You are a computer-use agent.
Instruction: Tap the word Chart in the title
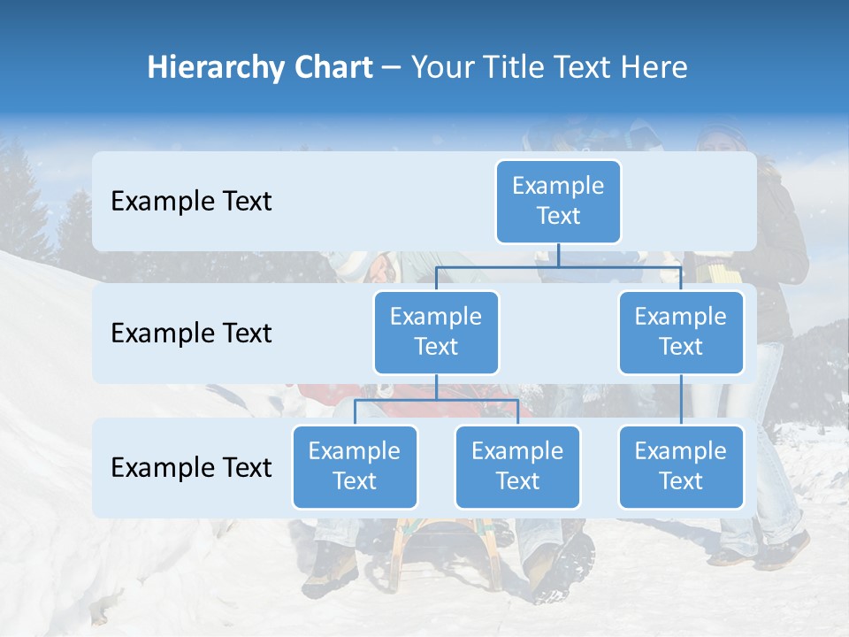332,68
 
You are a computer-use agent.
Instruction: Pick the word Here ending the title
654,68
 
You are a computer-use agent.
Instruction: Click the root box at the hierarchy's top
558,201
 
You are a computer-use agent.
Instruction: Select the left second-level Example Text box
436,332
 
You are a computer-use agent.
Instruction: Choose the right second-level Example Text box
681,332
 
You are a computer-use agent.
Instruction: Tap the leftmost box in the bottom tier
355,466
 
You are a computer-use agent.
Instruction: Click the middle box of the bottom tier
517,466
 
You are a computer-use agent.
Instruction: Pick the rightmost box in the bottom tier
681,466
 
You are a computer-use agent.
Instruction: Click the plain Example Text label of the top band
191,202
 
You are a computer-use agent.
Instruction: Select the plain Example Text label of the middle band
191,334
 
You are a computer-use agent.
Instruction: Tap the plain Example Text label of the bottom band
191,467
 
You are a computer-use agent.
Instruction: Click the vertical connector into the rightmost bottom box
681,400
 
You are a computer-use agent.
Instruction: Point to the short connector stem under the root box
558,255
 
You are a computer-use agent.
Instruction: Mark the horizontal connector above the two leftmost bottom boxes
436,400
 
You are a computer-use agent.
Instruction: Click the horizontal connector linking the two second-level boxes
558,266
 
